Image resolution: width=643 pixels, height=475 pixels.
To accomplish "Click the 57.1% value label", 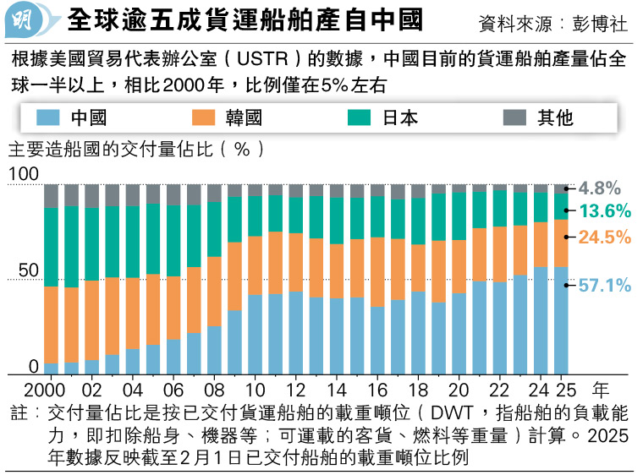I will tap(605, 286).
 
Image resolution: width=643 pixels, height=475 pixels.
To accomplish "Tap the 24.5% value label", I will tap(605, 237).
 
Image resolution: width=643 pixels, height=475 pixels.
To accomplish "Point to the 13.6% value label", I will tap(605, 211).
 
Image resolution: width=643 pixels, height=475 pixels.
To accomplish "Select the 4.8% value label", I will tap(601, 188).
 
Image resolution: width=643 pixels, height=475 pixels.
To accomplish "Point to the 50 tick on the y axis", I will tap(29, 271).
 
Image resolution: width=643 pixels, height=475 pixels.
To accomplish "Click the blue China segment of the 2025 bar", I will tap(562, 320).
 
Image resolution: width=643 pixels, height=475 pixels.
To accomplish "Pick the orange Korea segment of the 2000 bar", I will tap(51, 325).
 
